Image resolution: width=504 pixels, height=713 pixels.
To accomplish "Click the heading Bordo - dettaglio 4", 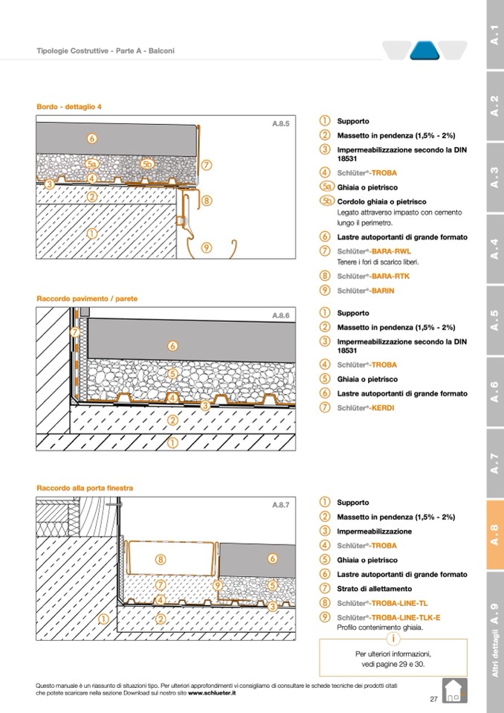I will [x=69, y=106].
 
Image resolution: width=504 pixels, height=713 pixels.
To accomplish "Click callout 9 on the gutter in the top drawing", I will [x=206, y=248].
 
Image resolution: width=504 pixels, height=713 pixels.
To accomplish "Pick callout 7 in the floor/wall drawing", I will [x=74, y=332].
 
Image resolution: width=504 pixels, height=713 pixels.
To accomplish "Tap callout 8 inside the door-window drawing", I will [x=160, y=559].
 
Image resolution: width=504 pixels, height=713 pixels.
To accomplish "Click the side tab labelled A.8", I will [x=494, y=535].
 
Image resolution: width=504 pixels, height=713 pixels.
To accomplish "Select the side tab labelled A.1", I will [x=494, y=33].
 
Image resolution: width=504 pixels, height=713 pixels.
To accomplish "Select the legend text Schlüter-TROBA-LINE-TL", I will [x=381, y=603].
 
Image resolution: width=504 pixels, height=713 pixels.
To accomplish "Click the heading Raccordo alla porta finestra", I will [x=85, y=488].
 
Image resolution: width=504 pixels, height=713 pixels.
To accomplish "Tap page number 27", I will [x=433, y=699].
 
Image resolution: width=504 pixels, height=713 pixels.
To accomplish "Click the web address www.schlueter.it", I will [x=212, y=692].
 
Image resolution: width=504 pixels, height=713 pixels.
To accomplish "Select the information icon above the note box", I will [x=393, y=639].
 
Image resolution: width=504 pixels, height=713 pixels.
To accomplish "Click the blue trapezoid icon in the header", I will [x=425, y=51].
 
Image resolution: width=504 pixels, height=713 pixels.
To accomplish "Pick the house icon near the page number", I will [x=453, y=691].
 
